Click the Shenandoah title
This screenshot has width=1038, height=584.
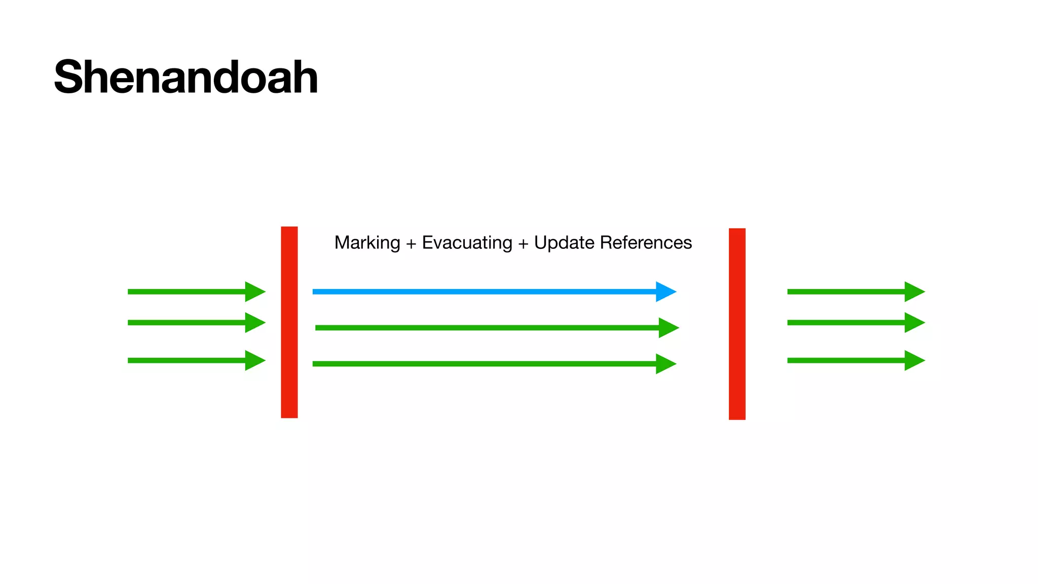coord(186,77)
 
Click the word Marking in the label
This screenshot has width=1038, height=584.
coord(367,243)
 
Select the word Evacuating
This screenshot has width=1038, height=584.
coord(467,243)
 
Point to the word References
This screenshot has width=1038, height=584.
coord(646,243)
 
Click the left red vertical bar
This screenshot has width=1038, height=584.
coord(289,322)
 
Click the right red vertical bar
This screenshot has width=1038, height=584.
coord(737,324)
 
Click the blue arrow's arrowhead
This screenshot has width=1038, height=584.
coord(665,291)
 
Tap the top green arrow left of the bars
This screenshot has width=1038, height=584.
coord(188,291)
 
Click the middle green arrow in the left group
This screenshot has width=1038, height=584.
coord(188,322)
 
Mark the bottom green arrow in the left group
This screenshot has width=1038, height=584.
coord(188,360)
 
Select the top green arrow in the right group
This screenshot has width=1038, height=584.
coord(846,291)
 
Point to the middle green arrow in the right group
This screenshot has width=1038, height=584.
coord(846,322)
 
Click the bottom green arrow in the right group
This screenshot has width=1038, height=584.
coord(846,360)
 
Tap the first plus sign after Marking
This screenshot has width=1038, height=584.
coord(411,244)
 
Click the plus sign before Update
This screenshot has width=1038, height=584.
coord(523,244)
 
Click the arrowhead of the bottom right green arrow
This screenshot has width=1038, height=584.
coord(914,360)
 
